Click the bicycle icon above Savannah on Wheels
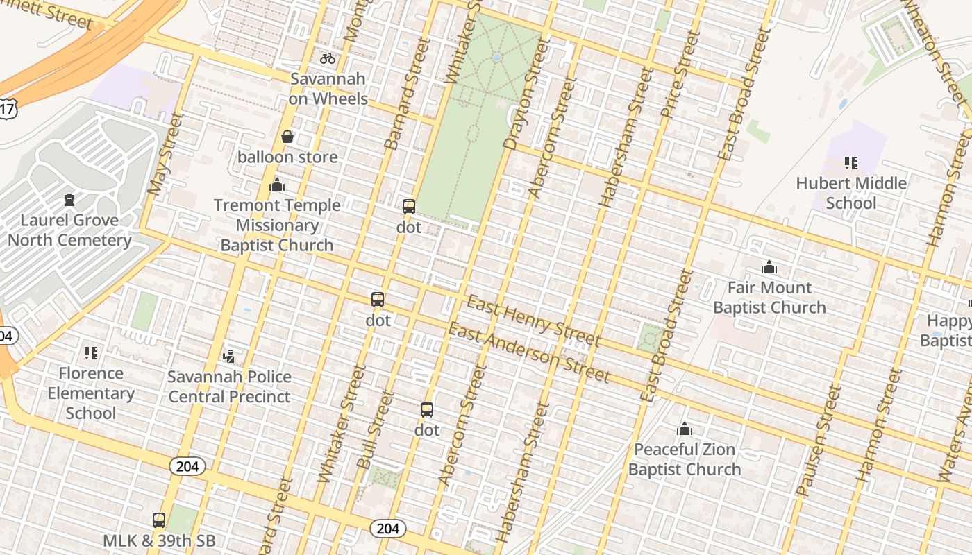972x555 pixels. click(x=328, y=58)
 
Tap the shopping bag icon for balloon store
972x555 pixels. click(x=287, y=137)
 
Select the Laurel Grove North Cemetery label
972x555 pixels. click(x=69, y=230)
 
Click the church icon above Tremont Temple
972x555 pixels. click(x=277, y=185)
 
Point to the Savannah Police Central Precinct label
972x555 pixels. click(x=230, y=387)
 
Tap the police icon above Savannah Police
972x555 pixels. click(x=228, y=357)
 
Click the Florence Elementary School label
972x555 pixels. click(x=91, y=393)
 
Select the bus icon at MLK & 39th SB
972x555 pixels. click(x=159, y=520)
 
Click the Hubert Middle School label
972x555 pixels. click(x=851, y=194)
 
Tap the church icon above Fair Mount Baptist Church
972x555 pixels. click(x=769, y=267)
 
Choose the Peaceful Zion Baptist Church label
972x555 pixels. click(x=685, y=459)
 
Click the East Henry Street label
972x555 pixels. click(x=533, y=321)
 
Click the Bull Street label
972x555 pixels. click(x=375, y=430)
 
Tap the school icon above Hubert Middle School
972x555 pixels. click(x=851, y=163)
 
